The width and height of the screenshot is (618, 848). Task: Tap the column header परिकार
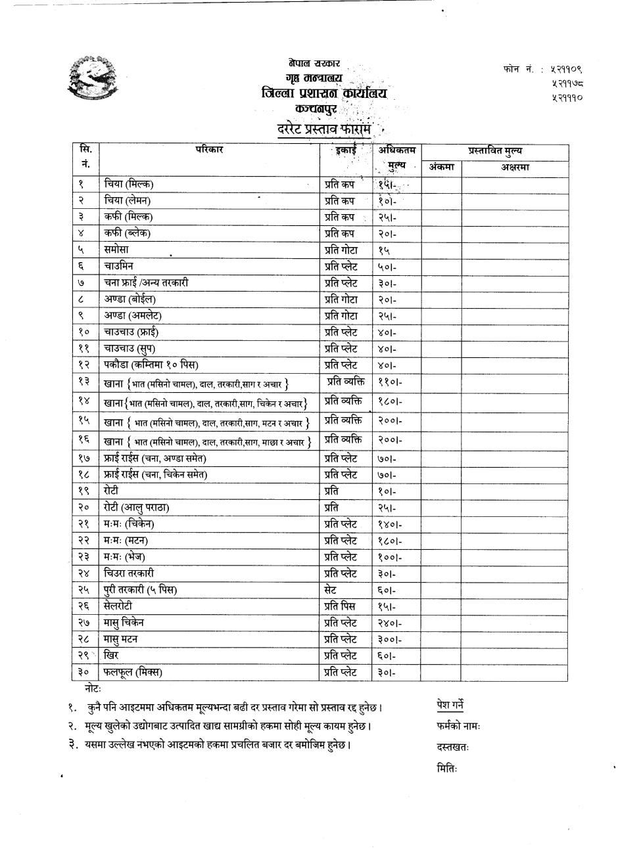tap(209, 150)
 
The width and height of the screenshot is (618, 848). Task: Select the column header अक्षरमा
tap(515, 167)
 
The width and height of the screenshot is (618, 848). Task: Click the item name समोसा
tap(116, 250)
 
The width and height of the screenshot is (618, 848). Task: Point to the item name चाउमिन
tap(118, 266)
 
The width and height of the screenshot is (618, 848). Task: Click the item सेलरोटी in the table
tap(118, 606)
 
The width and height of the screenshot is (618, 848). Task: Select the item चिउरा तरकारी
tap(129, 573)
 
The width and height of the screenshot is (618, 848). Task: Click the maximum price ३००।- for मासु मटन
tap(390, 639)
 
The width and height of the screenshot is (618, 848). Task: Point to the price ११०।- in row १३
tap(390, 382)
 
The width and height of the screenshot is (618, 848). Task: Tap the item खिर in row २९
tap(111, 655)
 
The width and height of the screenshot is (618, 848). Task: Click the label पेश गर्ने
tap(450, 705)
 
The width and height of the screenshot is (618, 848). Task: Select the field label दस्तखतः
tap(452, 747)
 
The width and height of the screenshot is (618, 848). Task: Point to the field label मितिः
tap(446, 768)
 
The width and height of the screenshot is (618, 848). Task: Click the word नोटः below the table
tap(93, 687)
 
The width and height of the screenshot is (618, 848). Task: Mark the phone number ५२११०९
tap(565, 68)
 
